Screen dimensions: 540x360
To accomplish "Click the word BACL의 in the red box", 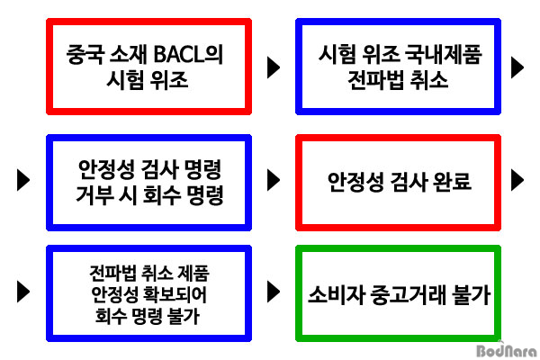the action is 188,54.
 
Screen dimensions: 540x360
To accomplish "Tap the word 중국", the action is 85,54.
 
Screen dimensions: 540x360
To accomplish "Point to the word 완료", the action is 452,181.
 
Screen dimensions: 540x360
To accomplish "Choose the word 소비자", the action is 336,295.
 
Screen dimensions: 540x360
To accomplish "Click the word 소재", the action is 129,54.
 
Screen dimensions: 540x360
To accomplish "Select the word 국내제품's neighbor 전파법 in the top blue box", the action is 371,80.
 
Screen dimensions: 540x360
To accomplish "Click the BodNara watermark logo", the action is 506,351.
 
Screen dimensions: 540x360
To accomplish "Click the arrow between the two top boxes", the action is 274,67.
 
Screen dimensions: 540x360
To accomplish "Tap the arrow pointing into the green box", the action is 274,292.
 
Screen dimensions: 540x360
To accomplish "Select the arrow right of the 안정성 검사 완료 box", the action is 517,180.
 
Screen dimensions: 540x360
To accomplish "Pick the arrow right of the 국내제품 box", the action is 517,67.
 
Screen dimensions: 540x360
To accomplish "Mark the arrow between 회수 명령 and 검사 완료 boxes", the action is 274,180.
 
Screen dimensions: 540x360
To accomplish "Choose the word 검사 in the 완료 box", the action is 408,181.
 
